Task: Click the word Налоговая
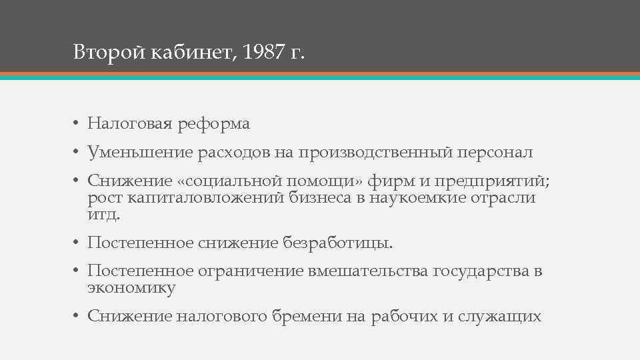[129, 124]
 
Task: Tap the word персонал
[495, 153]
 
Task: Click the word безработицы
[339, 243]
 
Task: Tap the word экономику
[131, 288]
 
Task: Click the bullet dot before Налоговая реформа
[77, 125]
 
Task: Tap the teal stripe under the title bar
[320, 77]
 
